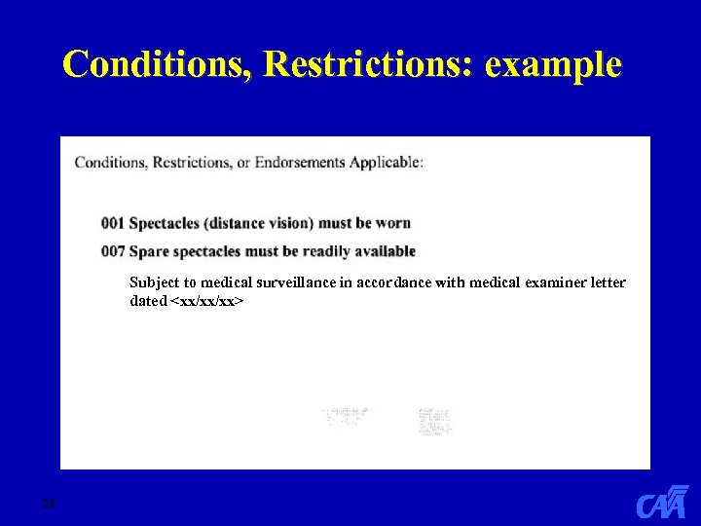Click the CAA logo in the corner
[662, 502]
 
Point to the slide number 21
[48, 504]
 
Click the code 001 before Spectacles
[113, 223]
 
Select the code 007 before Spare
[113, 251]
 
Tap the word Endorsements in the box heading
[300, 162]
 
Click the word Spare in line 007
[149, 251]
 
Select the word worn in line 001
[392, 223]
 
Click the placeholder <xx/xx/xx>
[206, 301]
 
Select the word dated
[148, 301]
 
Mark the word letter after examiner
[608, 282]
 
